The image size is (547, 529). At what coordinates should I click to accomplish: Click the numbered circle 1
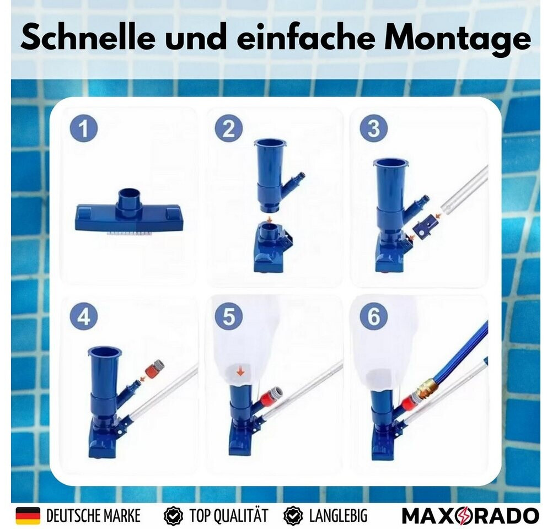pos(84,128)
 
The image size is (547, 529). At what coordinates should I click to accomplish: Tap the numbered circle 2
pos(228,129)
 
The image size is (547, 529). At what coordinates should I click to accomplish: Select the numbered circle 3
pos(374,129)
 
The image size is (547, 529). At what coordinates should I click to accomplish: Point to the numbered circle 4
pos(84,317)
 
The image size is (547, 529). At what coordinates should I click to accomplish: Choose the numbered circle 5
pos(229,317)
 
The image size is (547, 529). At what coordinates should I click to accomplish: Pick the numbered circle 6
pos(374,316)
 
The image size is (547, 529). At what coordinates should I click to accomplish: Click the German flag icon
pos(28,515)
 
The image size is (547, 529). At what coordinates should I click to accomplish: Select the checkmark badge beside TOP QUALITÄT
pos(173,516)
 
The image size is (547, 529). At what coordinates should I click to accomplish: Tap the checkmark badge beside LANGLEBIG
pos(293,516)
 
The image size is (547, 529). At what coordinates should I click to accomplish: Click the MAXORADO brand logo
pos(470,516)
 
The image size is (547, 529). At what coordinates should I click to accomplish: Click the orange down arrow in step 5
pos(240,372)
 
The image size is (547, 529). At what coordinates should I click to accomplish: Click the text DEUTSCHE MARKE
pos(93,516)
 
